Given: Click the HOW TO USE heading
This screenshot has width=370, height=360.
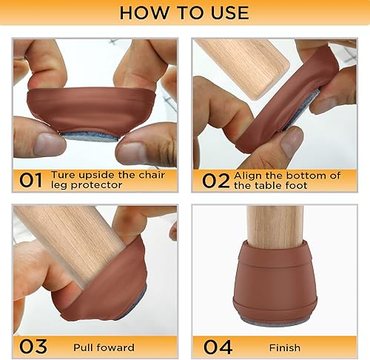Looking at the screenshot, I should [184, 13].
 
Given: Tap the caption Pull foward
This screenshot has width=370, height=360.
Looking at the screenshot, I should [104, 346].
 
